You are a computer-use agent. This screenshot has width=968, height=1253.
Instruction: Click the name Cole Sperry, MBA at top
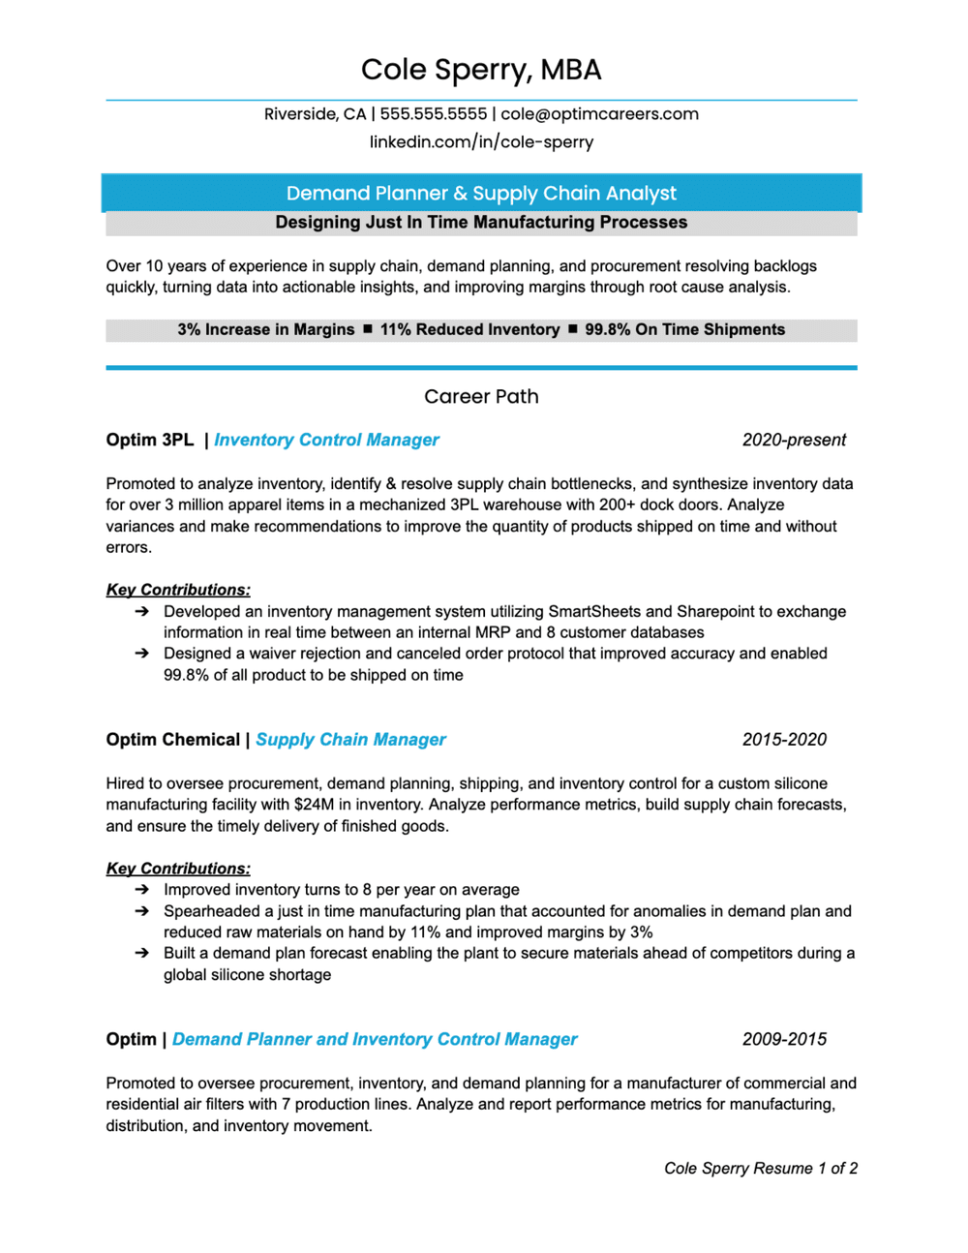[481, 70]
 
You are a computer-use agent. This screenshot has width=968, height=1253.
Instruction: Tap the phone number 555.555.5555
[433, 114]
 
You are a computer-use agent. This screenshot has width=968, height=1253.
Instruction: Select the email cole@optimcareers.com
[599, 114]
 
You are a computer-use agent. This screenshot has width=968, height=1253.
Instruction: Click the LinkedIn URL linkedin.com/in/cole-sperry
[481, 141]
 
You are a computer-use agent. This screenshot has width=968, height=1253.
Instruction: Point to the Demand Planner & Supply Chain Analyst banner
[481, 193]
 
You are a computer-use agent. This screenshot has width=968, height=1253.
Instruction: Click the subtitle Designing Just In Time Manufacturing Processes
[481, 223]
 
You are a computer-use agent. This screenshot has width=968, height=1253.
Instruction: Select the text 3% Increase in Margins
[265, 330]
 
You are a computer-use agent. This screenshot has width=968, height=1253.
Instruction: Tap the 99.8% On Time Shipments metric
[684, 330]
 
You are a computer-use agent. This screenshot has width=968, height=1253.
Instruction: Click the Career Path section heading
[481, 396]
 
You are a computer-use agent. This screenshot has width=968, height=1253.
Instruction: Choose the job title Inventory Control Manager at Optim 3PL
[326, 441]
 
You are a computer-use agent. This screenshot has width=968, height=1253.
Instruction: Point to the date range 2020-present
[794, 441]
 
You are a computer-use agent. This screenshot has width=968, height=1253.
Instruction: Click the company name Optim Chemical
[172, 740]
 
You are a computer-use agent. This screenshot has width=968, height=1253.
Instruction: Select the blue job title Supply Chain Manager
[350, 740]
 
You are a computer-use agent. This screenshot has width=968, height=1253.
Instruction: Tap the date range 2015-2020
[784, 740]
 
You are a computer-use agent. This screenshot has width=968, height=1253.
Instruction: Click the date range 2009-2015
[784, 1039]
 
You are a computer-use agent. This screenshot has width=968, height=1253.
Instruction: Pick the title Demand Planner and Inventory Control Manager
[375, 1039]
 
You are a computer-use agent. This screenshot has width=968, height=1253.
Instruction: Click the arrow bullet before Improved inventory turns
[141, 889]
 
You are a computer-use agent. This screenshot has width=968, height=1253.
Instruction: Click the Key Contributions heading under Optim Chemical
[178, 869]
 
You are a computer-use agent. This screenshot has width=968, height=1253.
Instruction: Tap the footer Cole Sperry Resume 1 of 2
[760, 1168]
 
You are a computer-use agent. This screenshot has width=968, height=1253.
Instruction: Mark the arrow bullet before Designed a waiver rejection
[141, 654]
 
